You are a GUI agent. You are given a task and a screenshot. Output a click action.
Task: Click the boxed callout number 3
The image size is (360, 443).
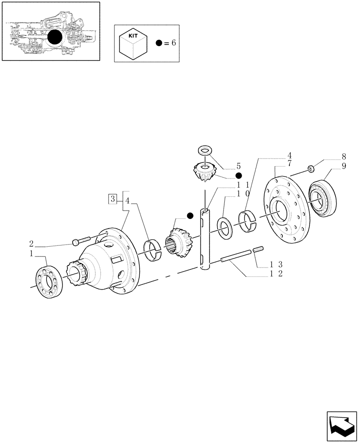coord(113,198)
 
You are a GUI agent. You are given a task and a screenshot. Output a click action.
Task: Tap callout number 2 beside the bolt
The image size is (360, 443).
coord(31,243)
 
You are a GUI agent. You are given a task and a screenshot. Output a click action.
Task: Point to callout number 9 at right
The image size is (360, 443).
coord(344,167)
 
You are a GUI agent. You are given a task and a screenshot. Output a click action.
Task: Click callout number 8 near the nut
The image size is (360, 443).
coord(344,156)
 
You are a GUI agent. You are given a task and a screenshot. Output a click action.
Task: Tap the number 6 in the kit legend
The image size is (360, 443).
coord(173,43)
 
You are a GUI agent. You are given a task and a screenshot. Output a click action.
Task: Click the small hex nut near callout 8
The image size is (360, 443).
coord(311,168)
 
